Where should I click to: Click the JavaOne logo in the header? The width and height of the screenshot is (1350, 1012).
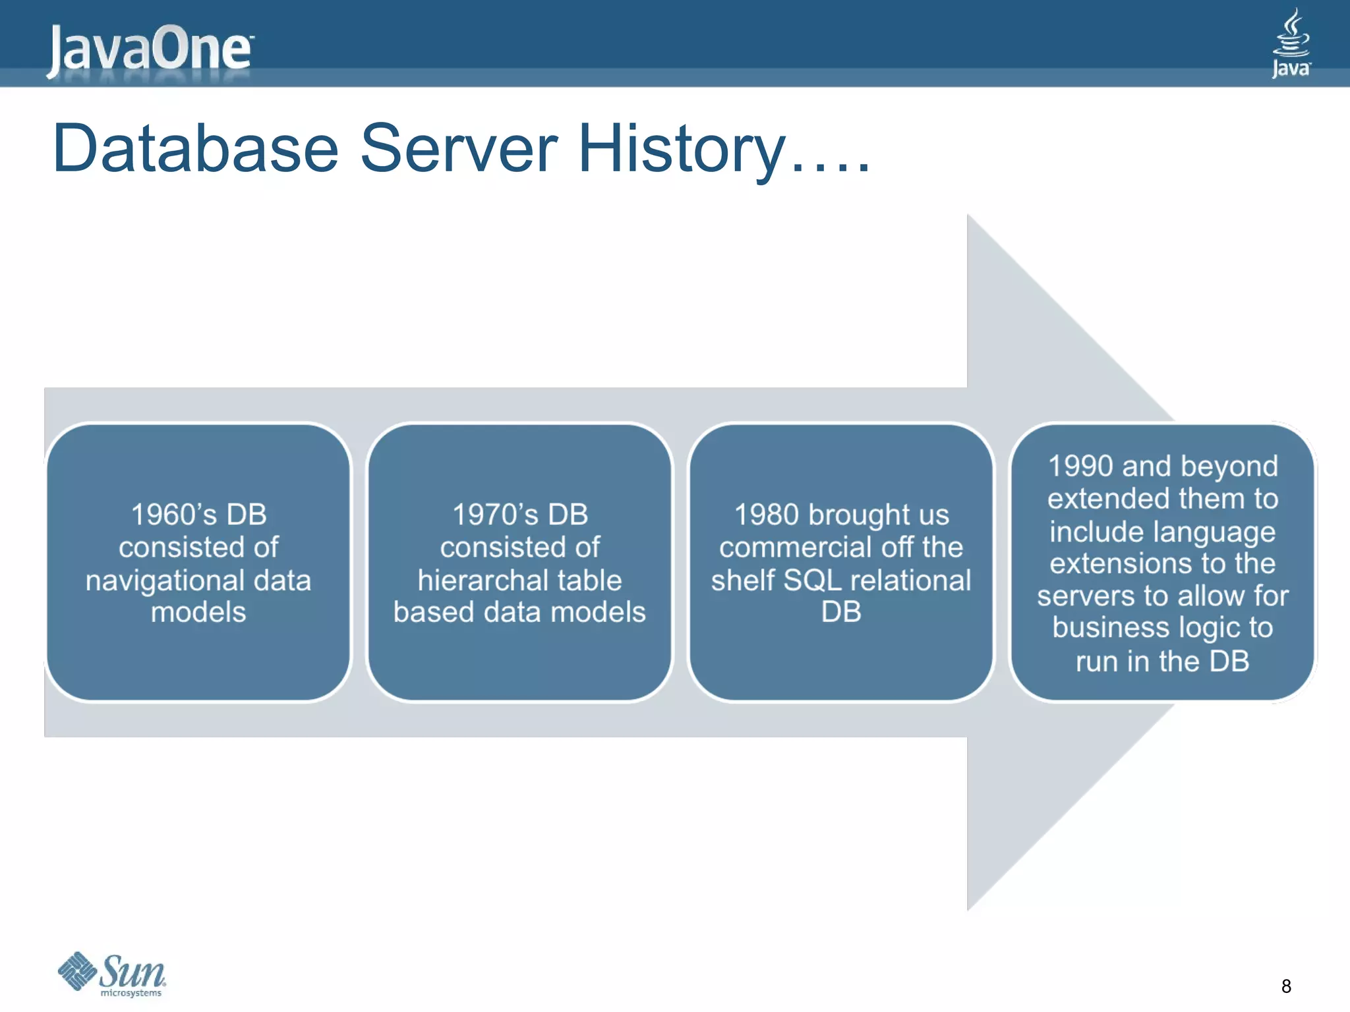[x=149, y=49]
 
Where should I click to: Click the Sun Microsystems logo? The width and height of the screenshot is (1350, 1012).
[x=112, y=974]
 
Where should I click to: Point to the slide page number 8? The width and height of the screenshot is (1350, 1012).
[x=1285, y=986]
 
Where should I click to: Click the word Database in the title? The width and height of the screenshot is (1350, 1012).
[x=195, y=149]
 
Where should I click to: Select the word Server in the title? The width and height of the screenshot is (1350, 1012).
[x=459, y=149]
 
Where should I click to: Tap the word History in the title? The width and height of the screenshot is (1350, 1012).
[x=682, y=150]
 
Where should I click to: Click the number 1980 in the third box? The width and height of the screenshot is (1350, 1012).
[x=767, y=515]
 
